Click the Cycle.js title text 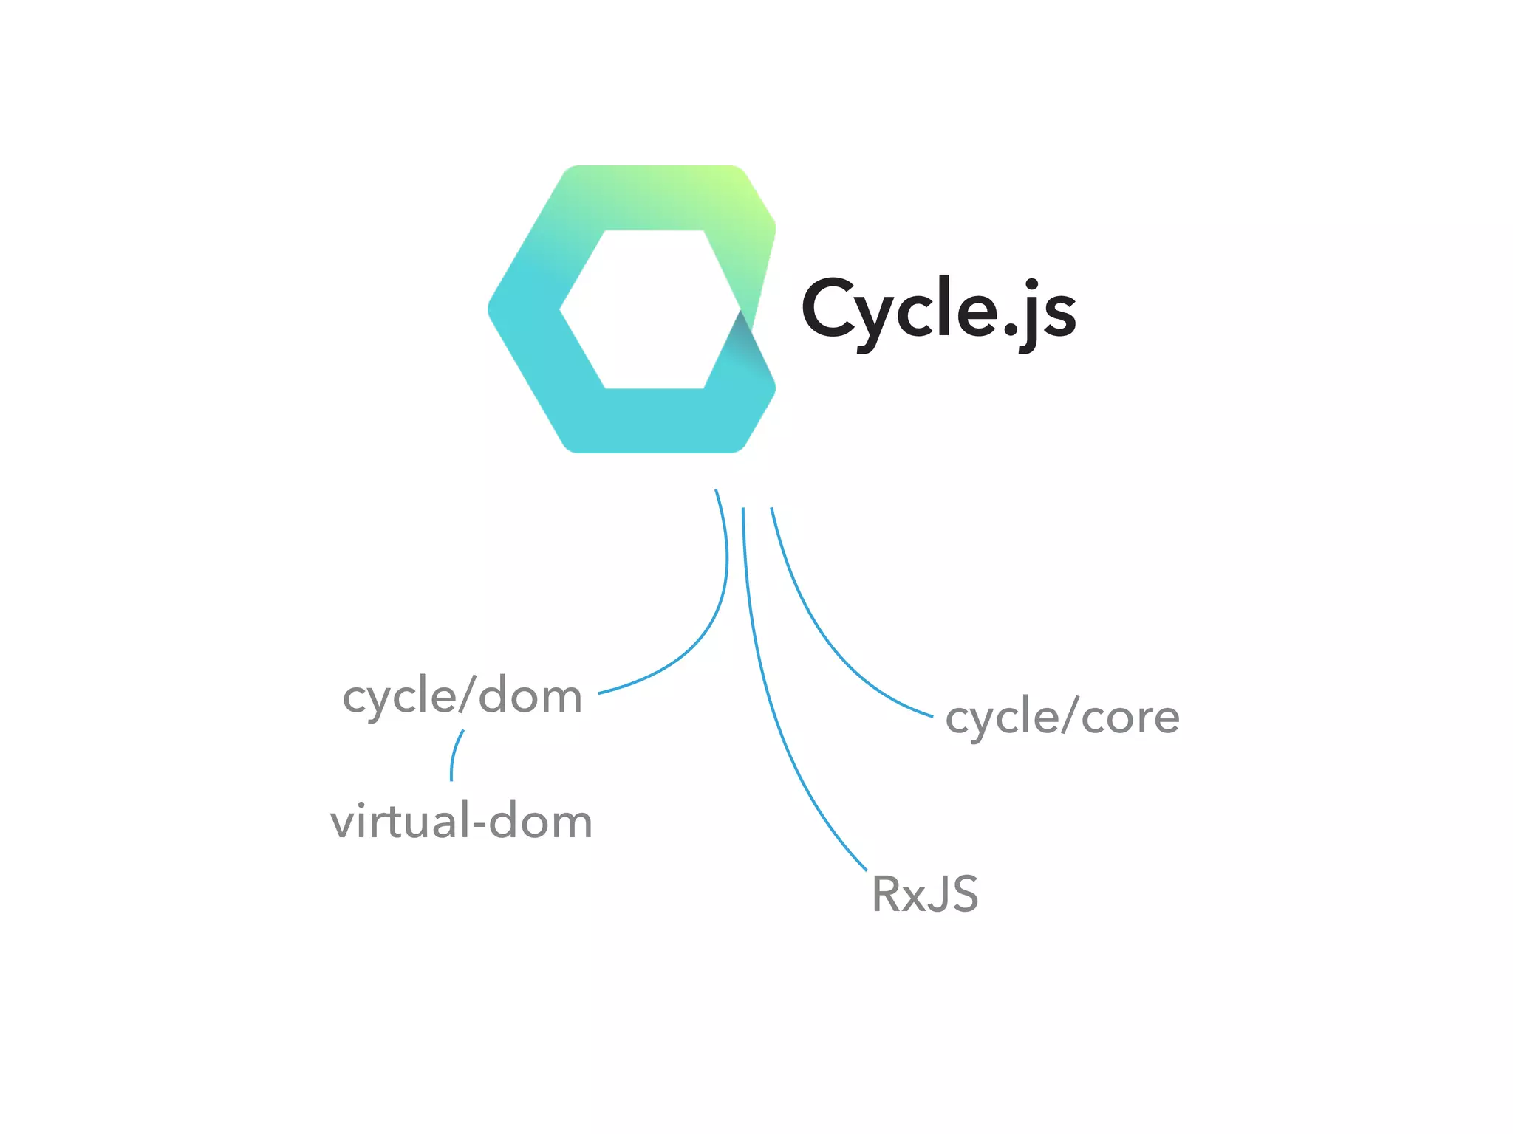point(938,310)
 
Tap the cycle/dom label point(462,696)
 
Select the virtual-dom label point(461,821)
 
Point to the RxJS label point(925,894)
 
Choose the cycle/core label point(1062,717)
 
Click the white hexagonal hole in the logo point(650,310)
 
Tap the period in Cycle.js point(1010,330)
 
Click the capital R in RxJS point(885,894)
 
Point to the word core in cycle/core point(1130,718)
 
